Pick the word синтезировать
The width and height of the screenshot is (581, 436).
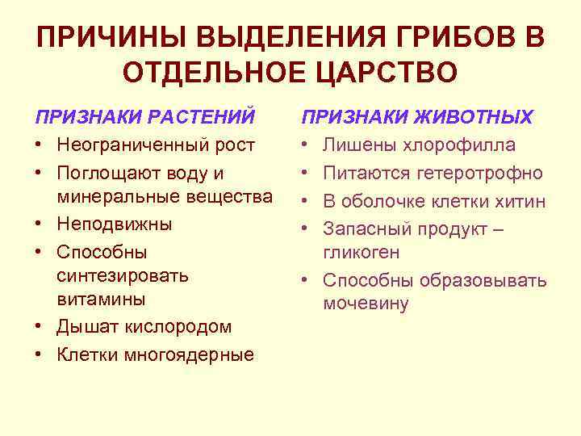tap(123, 275)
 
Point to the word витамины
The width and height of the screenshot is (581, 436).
tap(101, 298)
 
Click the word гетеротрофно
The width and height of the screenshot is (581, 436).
tap(480, 173)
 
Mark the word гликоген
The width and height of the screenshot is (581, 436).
tap(362, 252)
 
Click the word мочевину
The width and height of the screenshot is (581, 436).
tap(366, 304)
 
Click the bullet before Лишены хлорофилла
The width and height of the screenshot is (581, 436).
tap(308, 145)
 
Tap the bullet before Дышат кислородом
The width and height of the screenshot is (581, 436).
tap(41, 326)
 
